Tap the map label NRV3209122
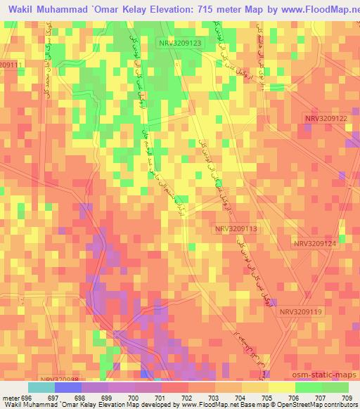326,119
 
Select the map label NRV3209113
236,228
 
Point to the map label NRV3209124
316,243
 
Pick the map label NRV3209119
300,311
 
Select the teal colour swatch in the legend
41,387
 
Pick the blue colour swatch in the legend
67,387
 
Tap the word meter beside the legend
11,397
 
